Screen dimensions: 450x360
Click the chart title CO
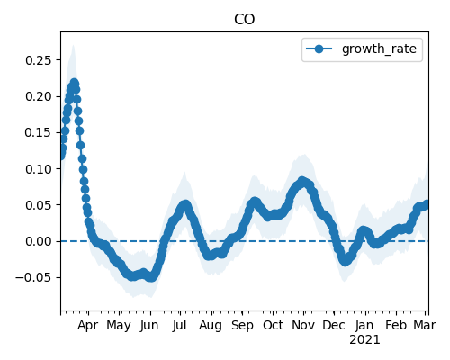(x=245, y=20)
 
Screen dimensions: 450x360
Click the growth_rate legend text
(x=379, y=49)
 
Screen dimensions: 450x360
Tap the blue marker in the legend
(x=319, y=49)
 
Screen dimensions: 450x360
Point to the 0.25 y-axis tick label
(x=39, y=60)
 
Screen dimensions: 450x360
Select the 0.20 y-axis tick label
(x=39, y=96)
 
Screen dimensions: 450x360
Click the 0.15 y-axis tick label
(x=39, y=132)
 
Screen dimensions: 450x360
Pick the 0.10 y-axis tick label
(x=39, y=169)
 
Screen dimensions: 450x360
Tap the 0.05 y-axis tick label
(x=39, y=205)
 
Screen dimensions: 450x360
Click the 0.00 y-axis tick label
(x=39, y=241)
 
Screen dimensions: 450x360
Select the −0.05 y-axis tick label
(x=34, y=277)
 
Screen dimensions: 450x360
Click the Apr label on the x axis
(x=87, y=326)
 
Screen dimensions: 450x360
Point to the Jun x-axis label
(x=149, y=326)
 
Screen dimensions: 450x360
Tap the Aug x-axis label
(x=211, y=326)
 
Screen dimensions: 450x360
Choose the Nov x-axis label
(x=303, y=325)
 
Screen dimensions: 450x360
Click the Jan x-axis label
(x=364, y=325)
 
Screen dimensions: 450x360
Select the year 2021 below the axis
(x=364, y=340)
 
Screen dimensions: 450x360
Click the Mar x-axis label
(x=425, y=325)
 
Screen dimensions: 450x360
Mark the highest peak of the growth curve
(x=74, y=83)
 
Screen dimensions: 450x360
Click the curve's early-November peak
(x=302, y=181)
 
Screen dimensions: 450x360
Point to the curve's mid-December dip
(x=346, y=262)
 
